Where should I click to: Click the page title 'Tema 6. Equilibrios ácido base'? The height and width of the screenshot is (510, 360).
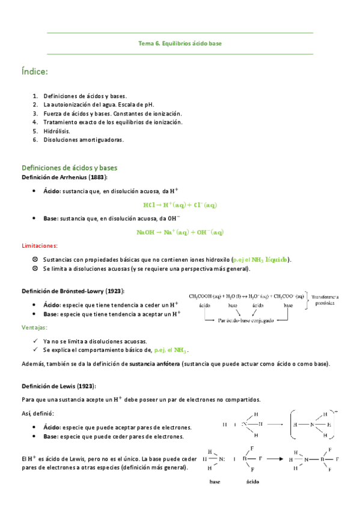(180, 43)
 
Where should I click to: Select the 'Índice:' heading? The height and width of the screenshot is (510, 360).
(34, 72)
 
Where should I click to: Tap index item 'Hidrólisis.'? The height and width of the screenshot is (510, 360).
(56, 131)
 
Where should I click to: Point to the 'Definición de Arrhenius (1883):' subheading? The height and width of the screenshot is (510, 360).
(64, 177)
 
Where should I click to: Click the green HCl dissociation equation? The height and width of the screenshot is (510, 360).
(180, 205)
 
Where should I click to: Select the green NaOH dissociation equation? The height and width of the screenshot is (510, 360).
(180, 232)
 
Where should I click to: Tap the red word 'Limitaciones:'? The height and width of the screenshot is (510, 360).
(40, 246)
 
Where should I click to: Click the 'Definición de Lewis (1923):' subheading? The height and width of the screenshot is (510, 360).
(58, 386)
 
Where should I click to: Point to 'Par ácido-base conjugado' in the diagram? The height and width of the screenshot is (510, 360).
(247, 321)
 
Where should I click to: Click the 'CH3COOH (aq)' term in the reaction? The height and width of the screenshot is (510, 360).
(206, 296)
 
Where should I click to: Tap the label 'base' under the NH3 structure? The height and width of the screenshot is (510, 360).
(215, 482)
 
